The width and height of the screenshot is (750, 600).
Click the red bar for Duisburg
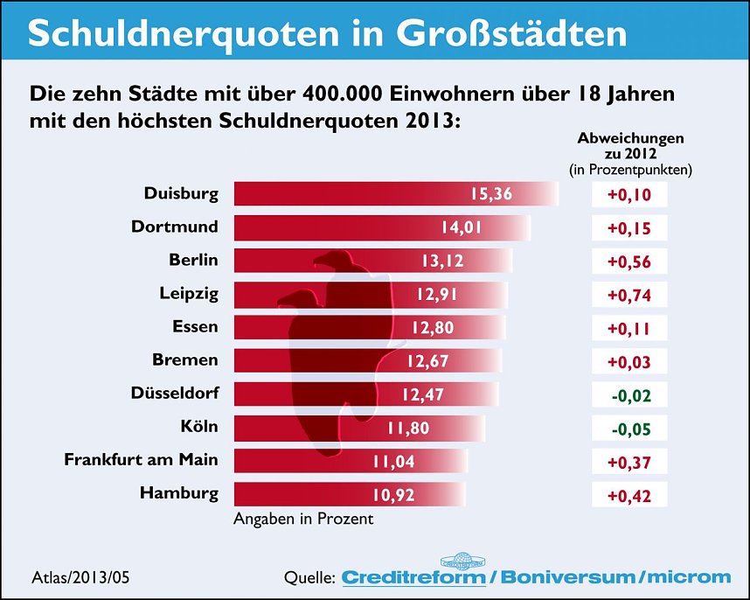click(x=393, y=194)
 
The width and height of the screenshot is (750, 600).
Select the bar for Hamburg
click(x=350, y=493)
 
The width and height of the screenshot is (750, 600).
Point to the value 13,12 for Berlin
click(x=446, y=261)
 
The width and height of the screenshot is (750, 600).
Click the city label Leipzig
click(x=189, y=294)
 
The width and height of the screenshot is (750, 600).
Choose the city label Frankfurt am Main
click(x=142, y=460)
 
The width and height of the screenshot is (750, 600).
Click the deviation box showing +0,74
click(x=628, y=294)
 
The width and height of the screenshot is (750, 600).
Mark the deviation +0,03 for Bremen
click(x=628, y=360)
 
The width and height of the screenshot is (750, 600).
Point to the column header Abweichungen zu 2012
click(x=630, y=145)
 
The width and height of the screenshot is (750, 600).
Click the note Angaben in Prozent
click(x=303, y=519)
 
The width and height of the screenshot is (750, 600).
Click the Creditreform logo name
click(x=413, y=577)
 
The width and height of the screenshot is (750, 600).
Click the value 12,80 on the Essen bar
click(x=434, y=327)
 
